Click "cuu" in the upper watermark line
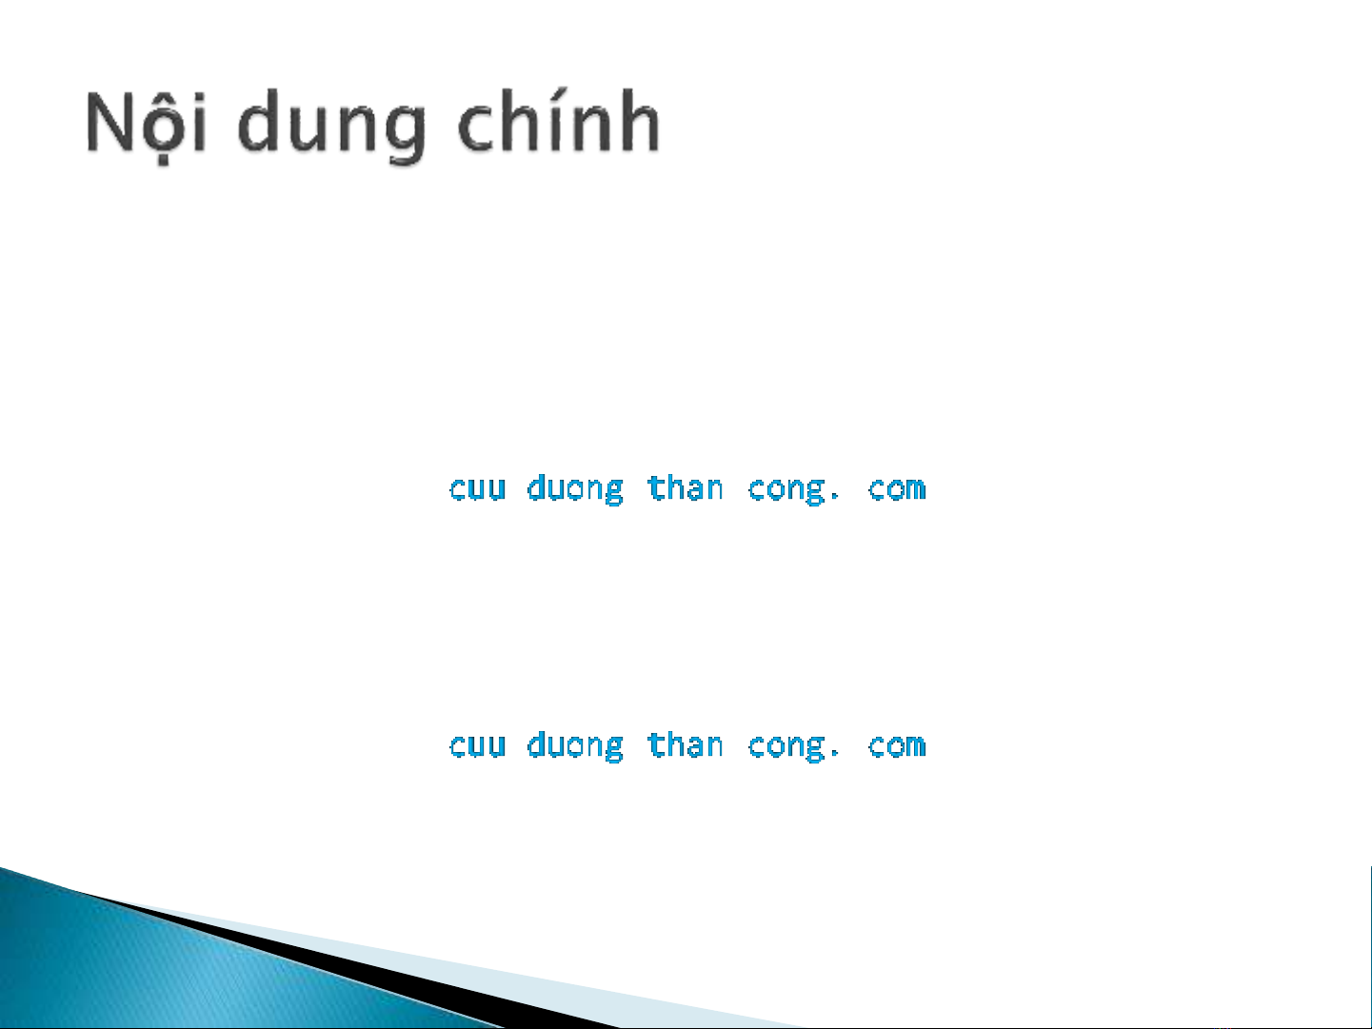[477, 488]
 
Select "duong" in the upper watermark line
[575, 489]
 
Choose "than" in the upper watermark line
[686, 487]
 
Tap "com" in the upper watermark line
[896, 488]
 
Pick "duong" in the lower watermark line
[575, 746]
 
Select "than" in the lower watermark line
[686, 744]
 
